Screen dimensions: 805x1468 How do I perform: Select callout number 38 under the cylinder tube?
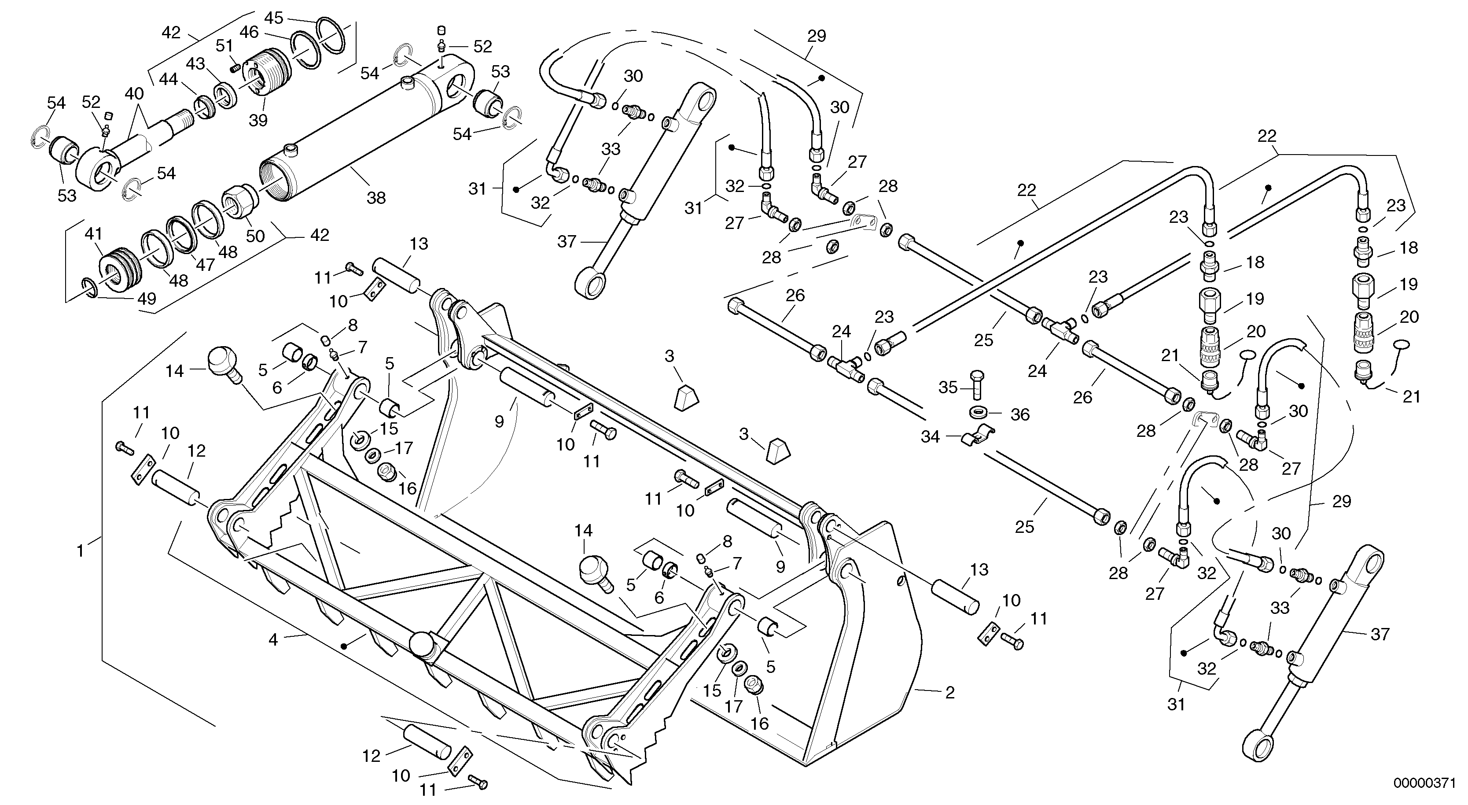click(x=376, y=198)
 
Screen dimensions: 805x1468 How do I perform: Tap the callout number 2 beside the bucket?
click(x=949, y=693)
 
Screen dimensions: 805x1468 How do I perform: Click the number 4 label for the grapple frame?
click(x=273, y=640)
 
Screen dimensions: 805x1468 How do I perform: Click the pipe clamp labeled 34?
click(x=979, y=437)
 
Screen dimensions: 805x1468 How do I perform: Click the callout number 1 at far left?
click(x=81, y=551)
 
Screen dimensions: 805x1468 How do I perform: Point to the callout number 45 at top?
click(x=273, y=18)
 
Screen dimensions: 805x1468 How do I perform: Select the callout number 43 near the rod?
click(x=195, y=64)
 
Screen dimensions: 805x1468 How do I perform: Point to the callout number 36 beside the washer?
click(x=1020, y=414)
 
